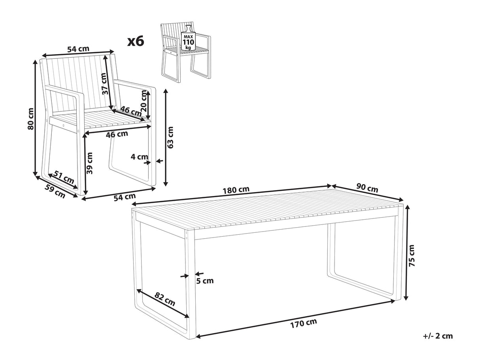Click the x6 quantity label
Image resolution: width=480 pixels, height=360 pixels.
click(136, 41)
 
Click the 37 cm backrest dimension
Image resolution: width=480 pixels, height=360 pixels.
click(105, 83)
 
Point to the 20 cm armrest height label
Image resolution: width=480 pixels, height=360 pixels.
click(144, 102)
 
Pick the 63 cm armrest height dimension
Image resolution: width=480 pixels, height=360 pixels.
click(170, 138)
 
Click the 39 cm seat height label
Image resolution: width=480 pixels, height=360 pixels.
click(89, 163)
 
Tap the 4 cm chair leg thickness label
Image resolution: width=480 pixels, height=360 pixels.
click(139, 157)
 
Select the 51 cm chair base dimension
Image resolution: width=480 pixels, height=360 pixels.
click(64, 177)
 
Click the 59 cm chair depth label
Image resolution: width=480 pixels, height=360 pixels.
click(55, 191)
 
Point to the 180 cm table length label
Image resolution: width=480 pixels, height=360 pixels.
click(236, 190)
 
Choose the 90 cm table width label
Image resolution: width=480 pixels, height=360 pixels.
click(367, 188)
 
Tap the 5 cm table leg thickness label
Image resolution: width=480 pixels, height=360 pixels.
click(205, 281)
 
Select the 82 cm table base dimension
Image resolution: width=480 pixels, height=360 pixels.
click(165, 299)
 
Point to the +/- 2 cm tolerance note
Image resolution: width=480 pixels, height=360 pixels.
click(438, 342)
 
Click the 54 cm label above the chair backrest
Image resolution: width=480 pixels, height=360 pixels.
click(78, 49)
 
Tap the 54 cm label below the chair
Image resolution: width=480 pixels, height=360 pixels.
click(125, 197)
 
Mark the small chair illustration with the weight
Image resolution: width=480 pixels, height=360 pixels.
click(186, 52)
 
